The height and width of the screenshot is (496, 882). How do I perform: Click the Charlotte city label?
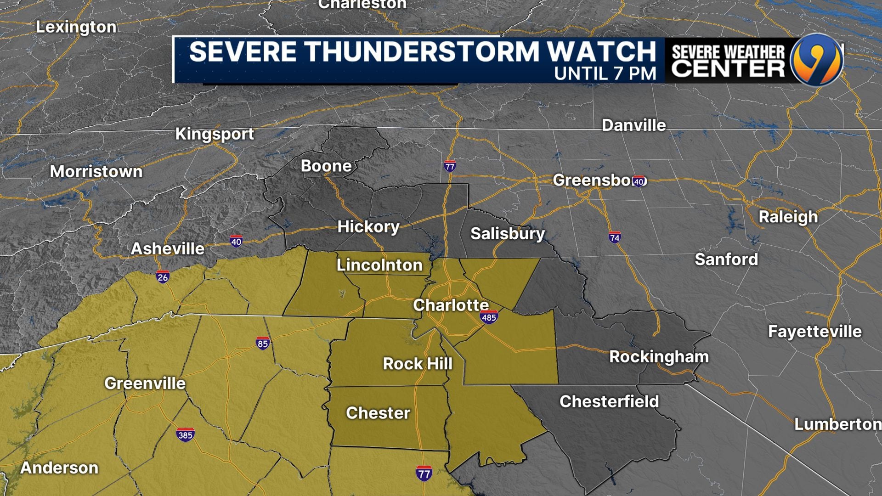[x=451, y=305]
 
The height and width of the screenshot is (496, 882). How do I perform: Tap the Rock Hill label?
[x=418, y=364]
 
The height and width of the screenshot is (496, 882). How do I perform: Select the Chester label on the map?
[x=378, y=413]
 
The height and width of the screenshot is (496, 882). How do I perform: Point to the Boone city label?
[x=326, y=166]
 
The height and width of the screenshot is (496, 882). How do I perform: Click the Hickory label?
[x=368, y=226]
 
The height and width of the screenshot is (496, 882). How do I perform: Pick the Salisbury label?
[x=508, y=233]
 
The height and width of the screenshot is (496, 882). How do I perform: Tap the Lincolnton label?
[x=379, y=265]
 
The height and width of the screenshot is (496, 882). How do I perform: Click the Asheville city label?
[x=168, y=248]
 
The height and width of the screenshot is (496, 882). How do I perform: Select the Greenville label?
[x=145, y=383]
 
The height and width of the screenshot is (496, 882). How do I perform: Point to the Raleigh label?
[x=788, y=217]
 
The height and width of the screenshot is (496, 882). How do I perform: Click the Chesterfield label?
[x=609, y=401]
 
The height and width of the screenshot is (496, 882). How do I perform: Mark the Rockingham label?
[x=659, y=357]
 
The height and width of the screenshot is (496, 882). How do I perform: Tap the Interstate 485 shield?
[x=488, y=317]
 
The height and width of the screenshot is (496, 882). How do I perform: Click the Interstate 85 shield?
[x=262, y=344]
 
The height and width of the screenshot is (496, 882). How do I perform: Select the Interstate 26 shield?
[x=163, y=277]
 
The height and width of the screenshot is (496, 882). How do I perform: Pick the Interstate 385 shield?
[x=185, y=434]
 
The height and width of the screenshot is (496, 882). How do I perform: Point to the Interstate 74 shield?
[x=614, y=237]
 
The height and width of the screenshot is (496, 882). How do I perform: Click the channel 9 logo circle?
[x=817, y=60]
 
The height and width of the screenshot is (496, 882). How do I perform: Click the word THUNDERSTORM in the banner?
[x=423, y=51]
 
